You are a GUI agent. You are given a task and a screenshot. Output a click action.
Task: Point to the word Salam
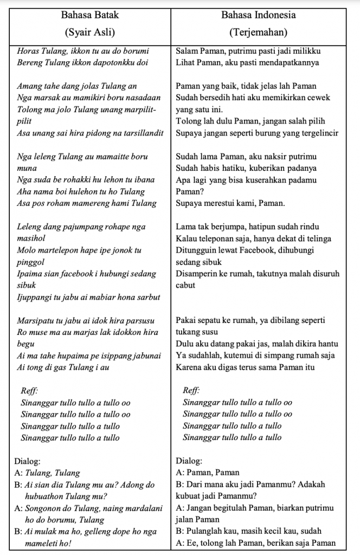pos(188,51)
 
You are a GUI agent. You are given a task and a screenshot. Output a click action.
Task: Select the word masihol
pos(32,238)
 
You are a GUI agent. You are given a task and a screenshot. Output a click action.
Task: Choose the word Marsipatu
pos(36,320)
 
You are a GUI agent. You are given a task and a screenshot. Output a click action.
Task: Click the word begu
pos(25,344)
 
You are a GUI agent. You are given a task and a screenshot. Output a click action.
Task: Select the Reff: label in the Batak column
pos(29,390)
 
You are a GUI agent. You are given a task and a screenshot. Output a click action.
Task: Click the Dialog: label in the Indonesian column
pos(190,461)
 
